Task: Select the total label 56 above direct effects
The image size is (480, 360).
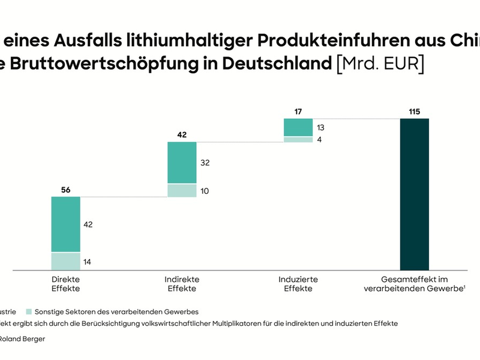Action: click(65, 190)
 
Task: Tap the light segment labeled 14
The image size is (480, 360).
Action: click(65, 262)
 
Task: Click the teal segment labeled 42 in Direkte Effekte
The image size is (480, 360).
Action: click(65, 224)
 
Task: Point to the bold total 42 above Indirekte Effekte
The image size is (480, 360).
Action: click(182, 135)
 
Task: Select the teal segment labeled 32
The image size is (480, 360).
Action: click(182, 162)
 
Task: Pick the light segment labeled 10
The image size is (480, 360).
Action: click(182, 191)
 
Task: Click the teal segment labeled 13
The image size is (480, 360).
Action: click(298, 127)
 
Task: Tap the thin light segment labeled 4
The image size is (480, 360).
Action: click(298, 140)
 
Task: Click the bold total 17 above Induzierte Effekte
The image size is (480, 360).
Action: click(298, 111)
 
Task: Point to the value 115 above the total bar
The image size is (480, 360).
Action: click(415, 111)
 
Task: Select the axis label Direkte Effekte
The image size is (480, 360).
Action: click(65, 284)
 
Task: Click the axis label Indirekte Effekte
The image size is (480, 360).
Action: click(182, 284)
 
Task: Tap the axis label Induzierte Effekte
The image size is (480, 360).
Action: click(298, 284)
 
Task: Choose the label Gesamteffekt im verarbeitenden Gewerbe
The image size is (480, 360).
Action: click(415, 284)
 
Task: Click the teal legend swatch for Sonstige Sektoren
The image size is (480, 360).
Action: click(28, 311)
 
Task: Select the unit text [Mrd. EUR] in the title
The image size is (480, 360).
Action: click(380, 64)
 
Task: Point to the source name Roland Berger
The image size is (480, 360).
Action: click(24, 339)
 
